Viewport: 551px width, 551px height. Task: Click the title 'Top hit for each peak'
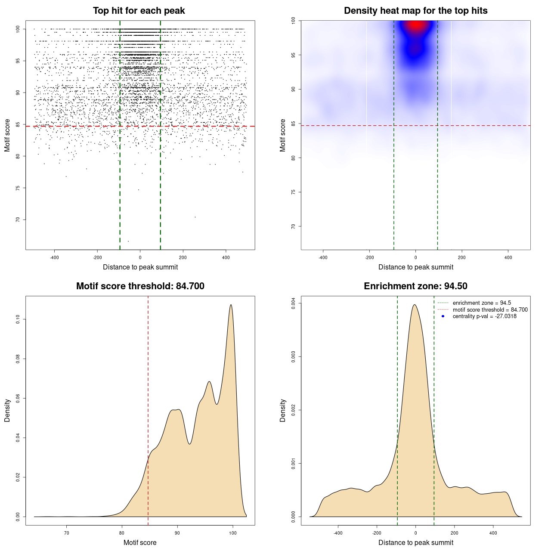pos(139,11)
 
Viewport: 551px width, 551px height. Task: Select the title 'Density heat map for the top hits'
pos(415,11)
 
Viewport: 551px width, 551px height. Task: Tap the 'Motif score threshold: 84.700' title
pos(140,286)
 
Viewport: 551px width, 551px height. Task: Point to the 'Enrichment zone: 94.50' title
pos(415,286)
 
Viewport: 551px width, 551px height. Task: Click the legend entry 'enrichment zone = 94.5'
pos(482,303)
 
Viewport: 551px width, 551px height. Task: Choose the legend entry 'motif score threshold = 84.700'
pos(490,310)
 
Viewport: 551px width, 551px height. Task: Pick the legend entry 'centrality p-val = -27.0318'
pos(484,316)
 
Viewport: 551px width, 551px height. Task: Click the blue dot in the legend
pos(443,316)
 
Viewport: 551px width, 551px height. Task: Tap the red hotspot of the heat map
pos(416,25)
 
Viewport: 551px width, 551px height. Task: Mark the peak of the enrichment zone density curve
pos(415,305)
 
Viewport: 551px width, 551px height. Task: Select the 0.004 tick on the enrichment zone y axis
pos(293,303)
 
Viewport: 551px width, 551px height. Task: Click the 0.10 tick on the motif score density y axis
pos(18,319)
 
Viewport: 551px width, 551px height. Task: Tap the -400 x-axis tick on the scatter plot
pos(54,257)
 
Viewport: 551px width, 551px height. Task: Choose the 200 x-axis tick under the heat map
pos(462,257)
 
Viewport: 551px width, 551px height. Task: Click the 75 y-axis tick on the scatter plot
pos(18,188)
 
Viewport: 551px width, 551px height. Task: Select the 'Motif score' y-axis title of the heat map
pos(283,135)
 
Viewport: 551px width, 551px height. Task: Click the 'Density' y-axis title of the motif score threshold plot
pos(7,411)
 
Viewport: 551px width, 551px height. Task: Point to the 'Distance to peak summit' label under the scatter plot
pos(140,267)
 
